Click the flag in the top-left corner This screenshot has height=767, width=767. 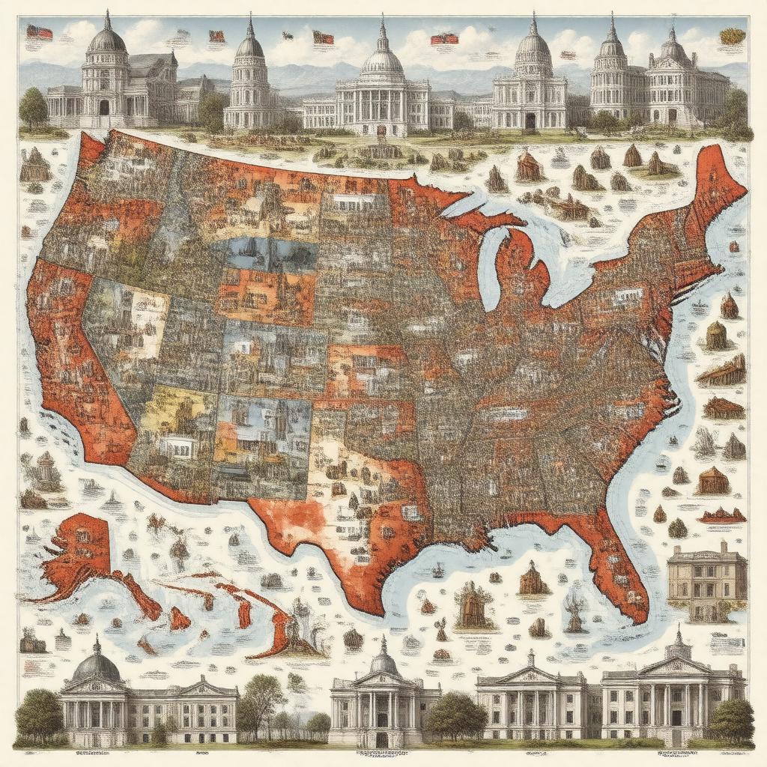coord(39,32)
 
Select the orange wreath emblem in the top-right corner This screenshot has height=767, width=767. coord(730,35)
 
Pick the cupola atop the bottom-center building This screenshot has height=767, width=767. coord(383,659)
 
